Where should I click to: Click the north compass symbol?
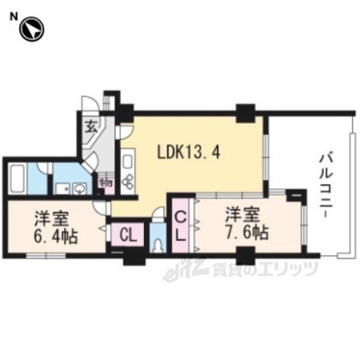32,29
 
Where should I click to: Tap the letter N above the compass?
14,17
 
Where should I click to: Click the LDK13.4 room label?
189,153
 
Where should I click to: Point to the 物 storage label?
106,183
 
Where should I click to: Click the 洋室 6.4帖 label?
55,227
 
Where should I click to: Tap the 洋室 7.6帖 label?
246,223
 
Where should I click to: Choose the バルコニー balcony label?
326,185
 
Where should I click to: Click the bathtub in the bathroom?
18,178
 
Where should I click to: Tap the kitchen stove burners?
128,181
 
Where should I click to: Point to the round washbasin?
79,189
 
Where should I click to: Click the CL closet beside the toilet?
128,235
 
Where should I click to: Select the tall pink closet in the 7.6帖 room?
181,226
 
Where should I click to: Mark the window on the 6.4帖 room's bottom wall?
46,255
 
